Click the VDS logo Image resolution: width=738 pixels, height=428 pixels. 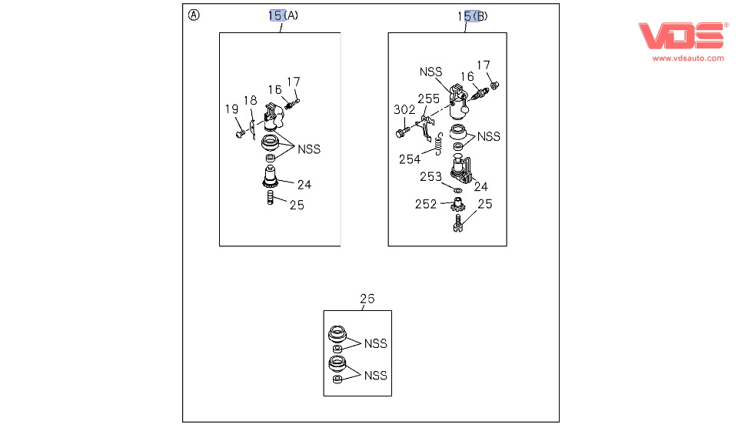point(682,36)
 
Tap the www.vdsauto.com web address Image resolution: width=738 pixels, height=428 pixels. point(688,58)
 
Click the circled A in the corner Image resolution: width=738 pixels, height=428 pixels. point(194,15)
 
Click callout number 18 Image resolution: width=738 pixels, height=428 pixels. point(251,101)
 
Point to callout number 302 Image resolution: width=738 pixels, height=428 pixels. point(404,109)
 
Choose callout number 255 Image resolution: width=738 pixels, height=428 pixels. point(428,99)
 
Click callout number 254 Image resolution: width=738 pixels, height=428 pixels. point(410,159)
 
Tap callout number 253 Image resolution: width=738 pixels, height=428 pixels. point(430,177)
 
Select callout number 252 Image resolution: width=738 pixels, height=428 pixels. point(425,204)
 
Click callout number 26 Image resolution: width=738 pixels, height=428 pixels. point(367,299)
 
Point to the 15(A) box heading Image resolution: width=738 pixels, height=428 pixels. point(284,15)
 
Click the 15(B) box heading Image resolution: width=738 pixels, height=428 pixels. point(473,15)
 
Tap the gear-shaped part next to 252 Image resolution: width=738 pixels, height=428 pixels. point(457,206)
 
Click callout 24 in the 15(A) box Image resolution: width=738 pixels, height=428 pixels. point(304,185)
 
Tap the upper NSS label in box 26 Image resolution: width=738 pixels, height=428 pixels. point(376,343)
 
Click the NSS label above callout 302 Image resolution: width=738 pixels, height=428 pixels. point(431,72)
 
